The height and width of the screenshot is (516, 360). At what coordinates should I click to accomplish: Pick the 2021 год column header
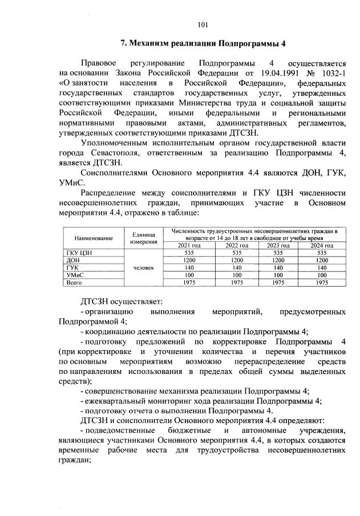(x=187, y=245)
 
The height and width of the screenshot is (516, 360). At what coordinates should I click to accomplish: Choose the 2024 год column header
(x=322, y=245)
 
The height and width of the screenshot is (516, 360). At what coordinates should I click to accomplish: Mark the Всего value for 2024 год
(x=322, y=282)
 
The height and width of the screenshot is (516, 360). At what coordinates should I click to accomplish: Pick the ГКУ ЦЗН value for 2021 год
(x=187, y=252)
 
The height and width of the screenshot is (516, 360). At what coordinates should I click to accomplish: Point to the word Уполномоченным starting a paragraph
(x=119, y=143)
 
